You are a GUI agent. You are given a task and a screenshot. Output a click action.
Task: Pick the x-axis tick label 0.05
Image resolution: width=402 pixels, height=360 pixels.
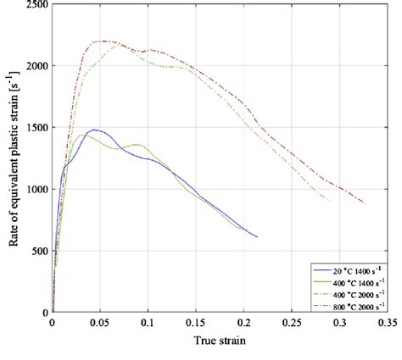tap(100, 323)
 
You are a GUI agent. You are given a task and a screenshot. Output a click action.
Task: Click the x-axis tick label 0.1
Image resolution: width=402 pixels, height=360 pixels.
tap(148, 323)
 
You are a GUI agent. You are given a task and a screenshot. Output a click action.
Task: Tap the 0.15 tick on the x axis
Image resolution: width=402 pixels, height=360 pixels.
tap(196, 323)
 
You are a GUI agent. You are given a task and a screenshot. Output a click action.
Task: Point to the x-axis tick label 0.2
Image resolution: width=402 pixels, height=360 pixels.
tap(244, 323)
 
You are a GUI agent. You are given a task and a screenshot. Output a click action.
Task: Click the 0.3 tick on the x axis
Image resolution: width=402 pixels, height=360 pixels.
tap(340, 323)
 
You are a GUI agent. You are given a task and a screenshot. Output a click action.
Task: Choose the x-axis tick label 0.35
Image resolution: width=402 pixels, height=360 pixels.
tap(388, 323)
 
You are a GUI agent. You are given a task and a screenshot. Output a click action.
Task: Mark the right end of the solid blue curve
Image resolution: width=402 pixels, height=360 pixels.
tap(257, 237)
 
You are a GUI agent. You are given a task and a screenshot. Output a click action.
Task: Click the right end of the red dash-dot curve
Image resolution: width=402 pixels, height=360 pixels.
tap(366, 203)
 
